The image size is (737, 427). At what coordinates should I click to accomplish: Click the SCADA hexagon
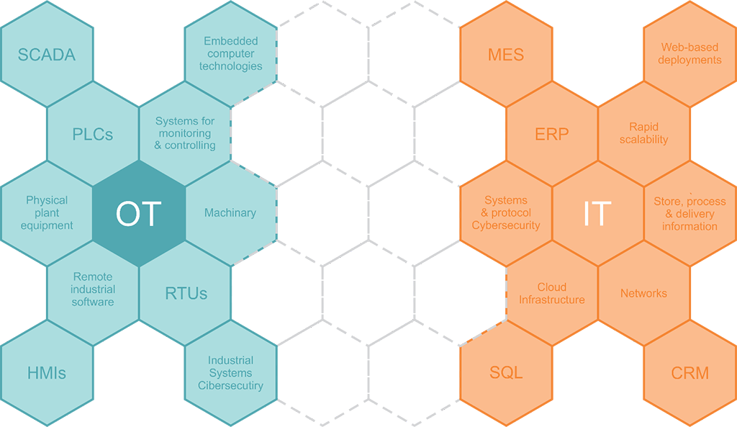click(x=46, y=55)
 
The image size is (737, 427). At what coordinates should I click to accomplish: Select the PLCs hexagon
click(x=93, y=134)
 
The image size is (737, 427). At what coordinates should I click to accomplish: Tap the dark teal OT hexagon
click(x=139, y=213)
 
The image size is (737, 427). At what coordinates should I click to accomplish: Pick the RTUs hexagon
click(x=185, y=293)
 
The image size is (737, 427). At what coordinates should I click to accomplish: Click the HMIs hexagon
click(x=46, y=372)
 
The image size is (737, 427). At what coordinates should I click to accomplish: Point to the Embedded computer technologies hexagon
click(x=231, y=55)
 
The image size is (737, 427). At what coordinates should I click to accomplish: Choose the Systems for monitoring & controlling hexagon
click(x=185, y=134)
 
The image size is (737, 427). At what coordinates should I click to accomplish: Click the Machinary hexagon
click(x=231, y=213)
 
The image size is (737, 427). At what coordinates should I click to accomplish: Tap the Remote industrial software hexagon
click(x=93, y=289)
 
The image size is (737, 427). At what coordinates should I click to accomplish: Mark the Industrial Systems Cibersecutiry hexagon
click(x=231, y=372)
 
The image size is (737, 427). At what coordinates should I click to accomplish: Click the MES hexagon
click(x=506, y=55)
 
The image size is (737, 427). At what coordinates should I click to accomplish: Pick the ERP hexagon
click(x=552, y=134)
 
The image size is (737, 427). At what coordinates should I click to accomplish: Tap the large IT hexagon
click(x=597, y=213)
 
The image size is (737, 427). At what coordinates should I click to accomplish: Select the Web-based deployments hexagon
click(x=690, y=55)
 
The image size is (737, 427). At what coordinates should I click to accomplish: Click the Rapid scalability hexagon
click(x=644, y=134)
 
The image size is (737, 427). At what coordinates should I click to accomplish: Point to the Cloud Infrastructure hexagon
click(x=552, y=293)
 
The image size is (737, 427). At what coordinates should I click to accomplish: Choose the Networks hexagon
click(x=644, y=293)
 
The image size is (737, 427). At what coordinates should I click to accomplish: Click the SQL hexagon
click(x=506, y=372)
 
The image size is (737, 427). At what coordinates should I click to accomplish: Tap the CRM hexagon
click(x=690, y=372)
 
